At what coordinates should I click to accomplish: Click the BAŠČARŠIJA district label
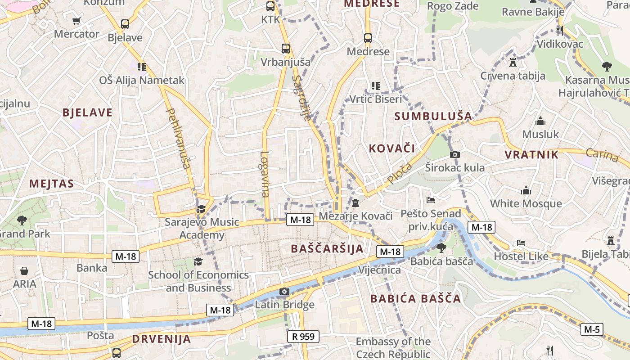tap(327, 249)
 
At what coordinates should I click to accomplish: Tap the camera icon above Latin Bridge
tap(284, 292)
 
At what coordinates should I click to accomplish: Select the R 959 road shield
tap(303, 336)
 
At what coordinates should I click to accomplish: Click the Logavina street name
tap(265, 174)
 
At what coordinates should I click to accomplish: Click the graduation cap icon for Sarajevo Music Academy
tap(201, 209)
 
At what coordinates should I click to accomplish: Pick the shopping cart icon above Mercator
tap(76, 21)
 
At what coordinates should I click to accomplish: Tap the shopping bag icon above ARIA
tap(24, 271)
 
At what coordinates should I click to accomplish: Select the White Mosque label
tap(526, 203)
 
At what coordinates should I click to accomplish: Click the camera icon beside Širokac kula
tap(455, 155)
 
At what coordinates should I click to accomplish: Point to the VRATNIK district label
tap(531, 155)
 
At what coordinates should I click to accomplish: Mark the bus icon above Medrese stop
tap(368, 38)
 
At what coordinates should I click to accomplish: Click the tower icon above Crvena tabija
tap(513, 62)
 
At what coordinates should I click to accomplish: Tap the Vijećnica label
tap(379, 270)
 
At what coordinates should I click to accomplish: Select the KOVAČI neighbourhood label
tap(391, 148)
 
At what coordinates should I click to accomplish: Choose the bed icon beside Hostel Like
tap(521, 243)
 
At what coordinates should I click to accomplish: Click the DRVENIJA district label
tap(162, 339)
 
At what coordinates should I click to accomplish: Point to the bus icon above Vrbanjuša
tap(285, 49)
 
